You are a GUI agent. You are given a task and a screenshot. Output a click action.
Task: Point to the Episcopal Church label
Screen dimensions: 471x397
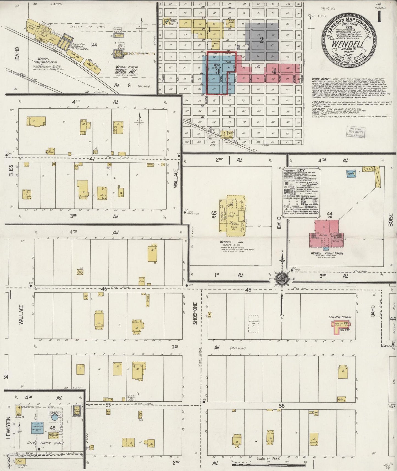[340, 317]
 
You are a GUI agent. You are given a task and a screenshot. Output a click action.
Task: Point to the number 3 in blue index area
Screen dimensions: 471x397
[218, 71]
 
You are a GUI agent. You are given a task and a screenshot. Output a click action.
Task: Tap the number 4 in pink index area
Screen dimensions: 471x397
[274, 71]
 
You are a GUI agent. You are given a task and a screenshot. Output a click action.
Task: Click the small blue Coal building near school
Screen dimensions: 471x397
[350, 173]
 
